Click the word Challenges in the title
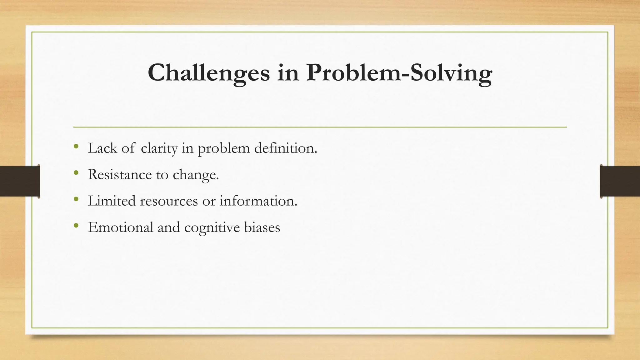(x=208, y=73)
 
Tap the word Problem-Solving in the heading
(x=399, y=73)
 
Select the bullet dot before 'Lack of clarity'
(x=76, y=146)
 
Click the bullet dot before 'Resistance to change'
(x=76, y=172)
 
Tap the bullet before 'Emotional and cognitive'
(x=76, y=225)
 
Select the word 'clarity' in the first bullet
(x=159, y=148)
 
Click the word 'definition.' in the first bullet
(x=286, y=148)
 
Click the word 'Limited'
(x=112, y=201)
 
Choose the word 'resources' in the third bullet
(x=169, y=201)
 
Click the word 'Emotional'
(x=120, y=227)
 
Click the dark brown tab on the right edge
(x=620, y=181)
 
